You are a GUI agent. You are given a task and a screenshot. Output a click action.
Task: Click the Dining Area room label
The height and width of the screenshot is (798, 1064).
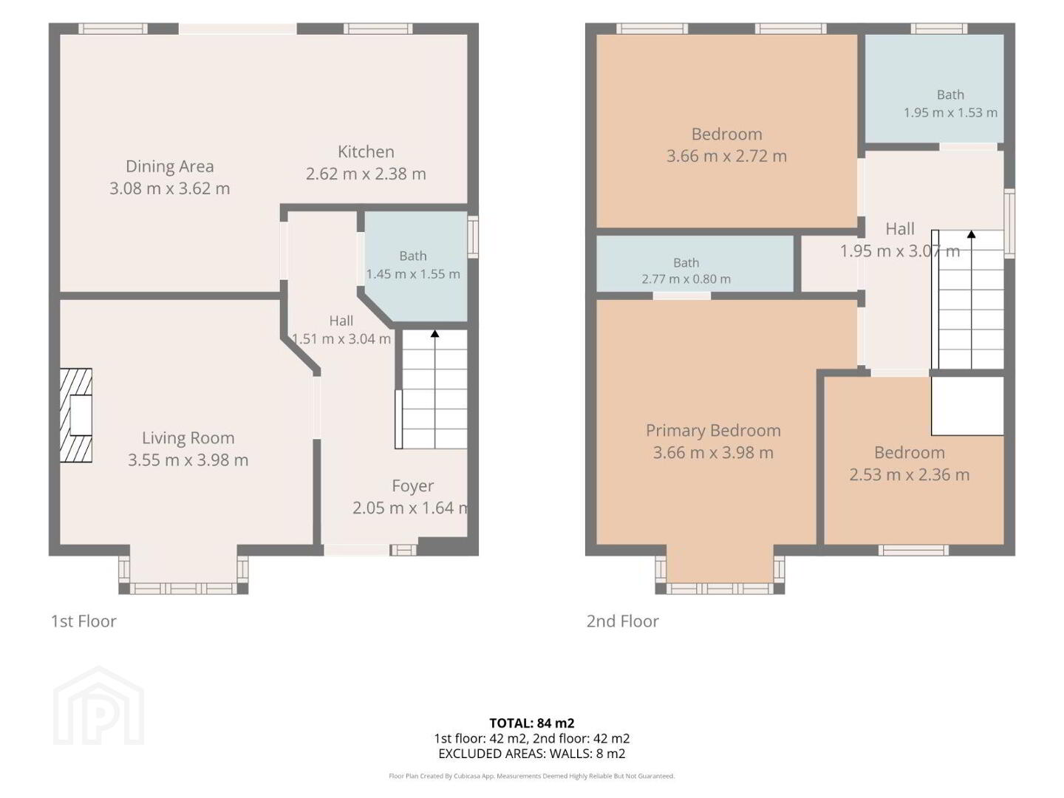[170, 166]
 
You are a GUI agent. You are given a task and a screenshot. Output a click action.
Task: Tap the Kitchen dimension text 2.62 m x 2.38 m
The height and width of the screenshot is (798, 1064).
[366, 174]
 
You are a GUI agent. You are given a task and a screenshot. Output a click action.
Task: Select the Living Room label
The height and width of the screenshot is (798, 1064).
[188, 438]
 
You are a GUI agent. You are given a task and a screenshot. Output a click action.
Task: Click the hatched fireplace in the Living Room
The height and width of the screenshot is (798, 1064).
[75, 415]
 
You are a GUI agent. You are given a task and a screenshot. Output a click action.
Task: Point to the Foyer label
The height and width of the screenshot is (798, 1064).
[412, 486]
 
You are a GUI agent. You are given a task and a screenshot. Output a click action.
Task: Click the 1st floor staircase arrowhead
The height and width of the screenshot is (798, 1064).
[434, 334]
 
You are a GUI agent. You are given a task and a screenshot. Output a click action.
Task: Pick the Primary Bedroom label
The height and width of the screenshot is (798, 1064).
[713, 431]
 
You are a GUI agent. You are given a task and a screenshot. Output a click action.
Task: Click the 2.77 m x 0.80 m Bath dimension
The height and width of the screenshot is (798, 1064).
[686, 279]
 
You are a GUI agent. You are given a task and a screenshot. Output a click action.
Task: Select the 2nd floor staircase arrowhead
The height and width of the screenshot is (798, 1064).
[972, 234]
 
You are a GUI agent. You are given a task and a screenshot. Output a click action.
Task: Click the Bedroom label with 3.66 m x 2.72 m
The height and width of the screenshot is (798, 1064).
[726, 134]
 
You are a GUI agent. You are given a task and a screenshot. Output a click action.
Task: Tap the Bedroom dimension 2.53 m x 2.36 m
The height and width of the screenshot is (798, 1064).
[910, 474]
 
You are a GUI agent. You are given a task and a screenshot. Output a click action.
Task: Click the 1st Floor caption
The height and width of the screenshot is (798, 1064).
[83, 621]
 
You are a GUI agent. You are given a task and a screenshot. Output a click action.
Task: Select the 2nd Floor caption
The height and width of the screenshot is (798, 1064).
[622, 621]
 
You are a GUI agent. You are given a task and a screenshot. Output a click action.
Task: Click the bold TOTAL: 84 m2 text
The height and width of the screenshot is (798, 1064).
[532, 723]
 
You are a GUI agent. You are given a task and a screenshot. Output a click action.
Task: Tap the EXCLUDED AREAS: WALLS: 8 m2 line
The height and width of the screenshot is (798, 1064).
[532, 754]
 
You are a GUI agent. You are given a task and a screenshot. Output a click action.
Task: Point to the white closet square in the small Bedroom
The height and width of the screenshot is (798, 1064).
[967, 406]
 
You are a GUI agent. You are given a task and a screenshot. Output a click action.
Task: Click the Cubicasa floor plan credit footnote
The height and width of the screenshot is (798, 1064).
[532, 776]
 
